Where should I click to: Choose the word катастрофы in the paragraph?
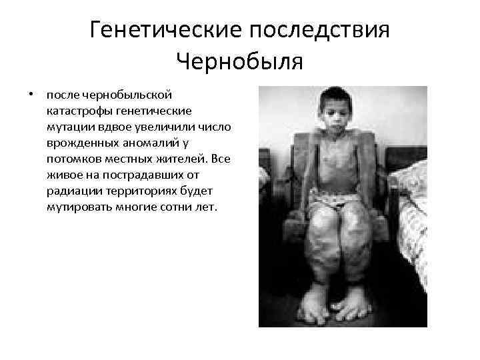click(76, 109)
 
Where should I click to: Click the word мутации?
click(69, 125)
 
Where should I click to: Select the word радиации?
click(72, 190)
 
